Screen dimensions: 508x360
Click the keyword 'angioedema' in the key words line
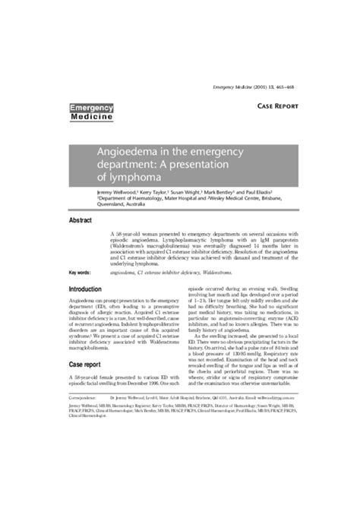pyautogui.click(x=125, y=271)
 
